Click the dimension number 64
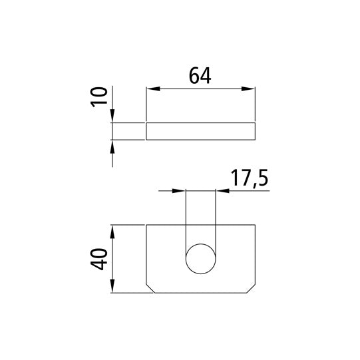(200, 76)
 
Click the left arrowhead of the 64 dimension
(151, 89)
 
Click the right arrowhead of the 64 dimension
(250, 89)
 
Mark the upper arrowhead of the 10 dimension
(112, 117)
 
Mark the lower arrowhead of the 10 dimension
(112, 145)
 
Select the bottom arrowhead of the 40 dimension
(112, 288)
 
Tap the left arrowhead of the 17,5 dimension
(180, 192)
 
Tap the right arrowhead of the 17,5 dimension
(222, 192)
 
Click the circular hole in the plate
(200, 260)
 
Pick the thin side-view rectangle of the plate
(200, 131)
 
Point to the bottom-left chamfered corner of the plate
(150, 289)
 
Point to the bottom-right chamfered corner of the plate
(252, 289)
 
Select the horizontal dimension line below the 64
(200, 89)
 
